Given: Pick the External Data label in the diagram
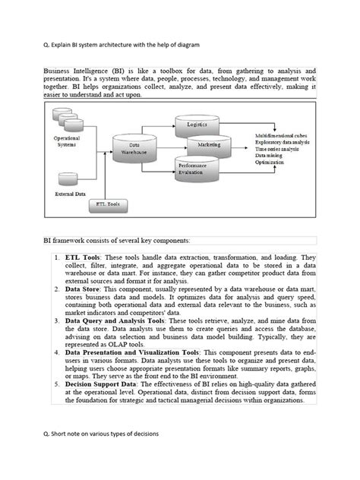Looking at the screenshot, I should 71,194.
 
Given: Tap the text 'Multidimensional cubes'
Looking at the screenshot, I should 283,134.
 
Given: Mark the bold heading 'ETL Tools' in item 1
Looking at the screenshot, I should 81,259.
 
